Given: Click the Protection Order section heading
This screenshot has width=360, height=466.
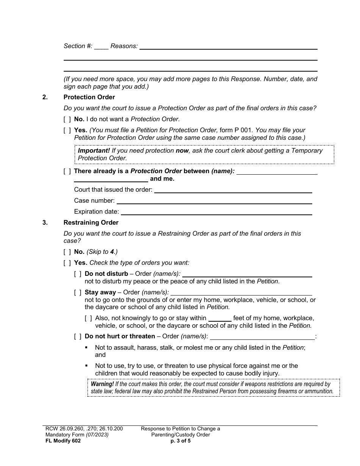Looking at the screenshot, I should coord(89,97).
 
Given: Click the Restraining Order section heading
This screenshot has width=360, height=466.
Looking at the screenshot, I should coord(91,223).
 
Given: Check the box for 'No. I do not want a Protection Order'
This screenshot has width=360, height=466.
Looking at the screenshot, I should coord(67,119).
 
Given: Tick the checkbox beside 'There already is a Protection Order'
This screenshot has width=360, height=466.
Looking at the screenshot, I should coord(67,171).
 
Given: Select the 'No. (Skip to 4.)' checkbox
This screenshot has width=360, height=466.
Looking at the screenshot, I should coord(67,252).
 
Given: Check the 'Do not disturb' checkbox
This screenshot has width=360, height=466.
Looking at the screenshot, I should coord(78,274).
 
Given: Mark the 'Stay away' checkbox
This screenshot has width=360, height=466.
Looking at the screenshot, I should coord(78,292).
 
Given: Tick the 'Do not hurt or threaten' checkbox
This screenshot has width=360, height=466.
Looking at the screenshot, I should coord(78,336).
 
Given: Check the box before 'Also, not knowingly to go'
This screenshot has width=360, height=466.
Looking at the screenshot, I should coord(88,318).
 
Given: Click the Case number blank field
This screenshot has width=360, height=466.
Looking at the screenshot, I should coord(214,201).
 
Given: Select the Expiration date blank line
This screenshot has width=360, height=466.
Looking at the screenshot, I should coord(216,212).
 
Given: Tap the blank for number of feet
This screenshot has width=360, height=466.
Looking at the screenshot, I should coord(220,319).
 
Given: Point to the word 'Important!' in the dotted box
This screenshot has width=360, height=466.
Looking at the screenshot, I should coord(94,151).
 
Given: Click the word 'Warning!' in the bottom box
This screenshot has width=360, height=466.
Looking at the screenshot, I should coord(102,384).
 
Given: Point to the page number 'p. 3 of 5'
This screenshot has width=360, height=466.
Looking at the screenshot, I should coord(180,441).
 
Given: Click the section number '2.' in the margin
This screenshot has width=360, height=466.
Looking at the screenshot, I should coord(45,97).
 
